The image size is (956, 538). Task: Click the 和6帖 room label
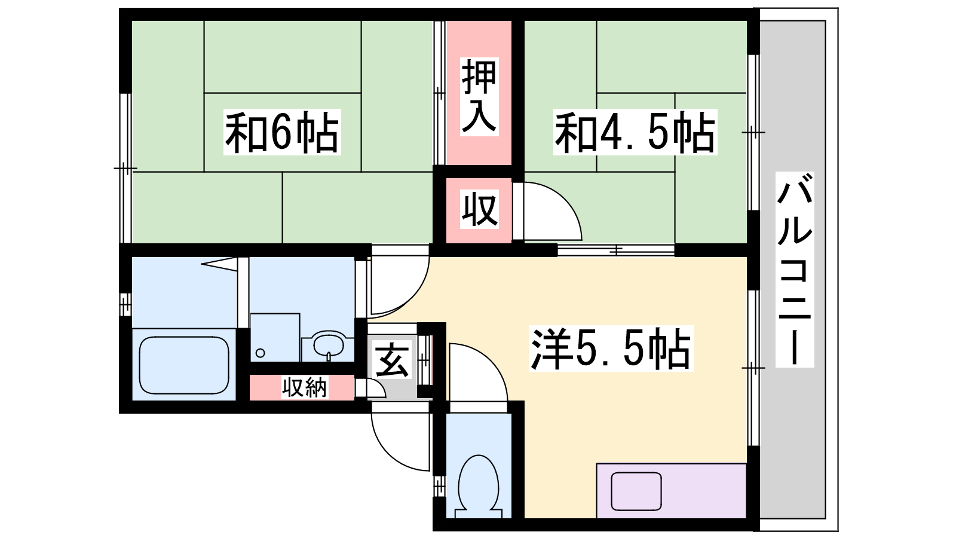282,132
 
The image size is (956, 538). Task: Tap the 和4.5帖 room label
635,132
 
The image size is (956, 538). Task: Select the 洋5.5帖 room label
611,349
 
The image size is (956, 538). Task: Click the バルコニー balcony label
795,270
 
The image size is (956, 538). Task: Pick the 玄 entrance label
392,360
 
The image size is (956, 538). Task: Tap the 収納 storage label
304,388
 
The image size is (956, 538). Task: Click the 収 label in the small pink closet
479,210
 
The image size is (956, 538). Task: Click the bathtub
184,365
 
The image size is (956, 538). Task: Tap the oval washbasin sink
329,344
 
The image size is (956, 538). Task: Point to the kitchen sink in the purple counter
636,491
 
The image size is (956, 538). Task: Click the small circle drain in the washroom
261,353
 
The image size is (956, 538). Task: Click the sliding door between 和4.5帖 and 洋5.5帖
616,250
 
